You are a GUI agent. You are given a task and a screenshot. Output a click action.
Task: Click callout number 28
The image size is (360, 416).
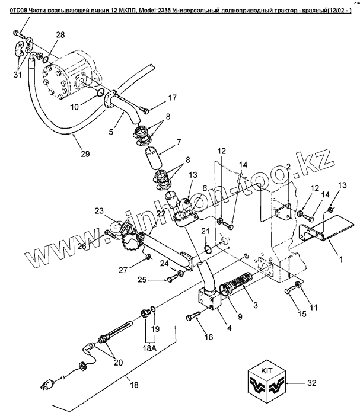[x=60, y=35]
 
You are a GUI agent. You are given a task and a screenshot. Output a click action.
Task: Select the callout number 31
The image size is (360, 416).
[x=18, y=75]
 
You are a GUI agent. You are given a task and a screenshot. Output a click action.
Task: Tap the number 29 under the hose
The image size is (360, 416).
[x=85, y=154]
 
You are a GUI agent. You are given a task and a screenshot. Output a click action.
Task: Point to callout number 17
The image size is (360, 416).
[x=173, y=98]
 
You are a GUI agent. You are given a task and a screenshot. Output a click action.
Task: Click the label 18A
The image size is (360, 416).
[x=149, y=347]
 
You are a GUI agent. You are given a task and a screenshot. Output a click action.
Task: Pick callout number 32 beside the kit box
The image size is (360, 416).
[x=312, y=383]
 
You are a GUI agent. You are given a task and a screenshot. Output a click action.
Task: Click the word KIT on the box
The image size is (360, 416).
[x=266, y=370]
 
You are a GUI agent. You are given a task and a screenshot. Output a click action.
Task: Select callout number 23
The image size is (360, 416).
[x=99, y=211]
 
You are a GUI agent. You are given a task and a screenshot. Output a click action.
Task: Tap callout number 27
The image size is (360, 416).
[x=123, y=270]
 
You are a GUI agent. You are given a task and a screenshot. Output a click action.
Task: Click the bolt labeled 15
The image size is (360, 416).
[x=289, y=290]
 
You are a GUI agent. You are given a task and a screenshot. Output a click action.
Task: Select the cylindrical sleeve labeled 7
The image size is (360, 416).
[x=152, y=158]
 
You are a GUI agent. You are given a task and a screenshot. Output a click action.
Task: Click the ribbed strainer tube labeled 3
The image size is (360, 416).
[x=238, y=281]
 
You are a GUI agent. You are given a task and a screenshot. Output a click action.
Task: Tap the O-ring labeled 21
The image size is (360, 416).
[x=208, y=249]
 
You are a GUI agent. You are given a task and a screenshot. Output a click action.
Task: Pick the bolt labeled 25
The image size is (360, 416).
[x=172, y=279]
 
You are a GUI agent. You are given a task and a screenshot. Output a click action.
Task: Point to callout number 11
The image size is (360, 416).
[x=314, y=307]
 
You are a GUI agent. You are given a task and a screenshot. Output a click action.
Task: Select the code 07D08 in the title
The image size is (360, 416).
[x=18, y=11]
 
